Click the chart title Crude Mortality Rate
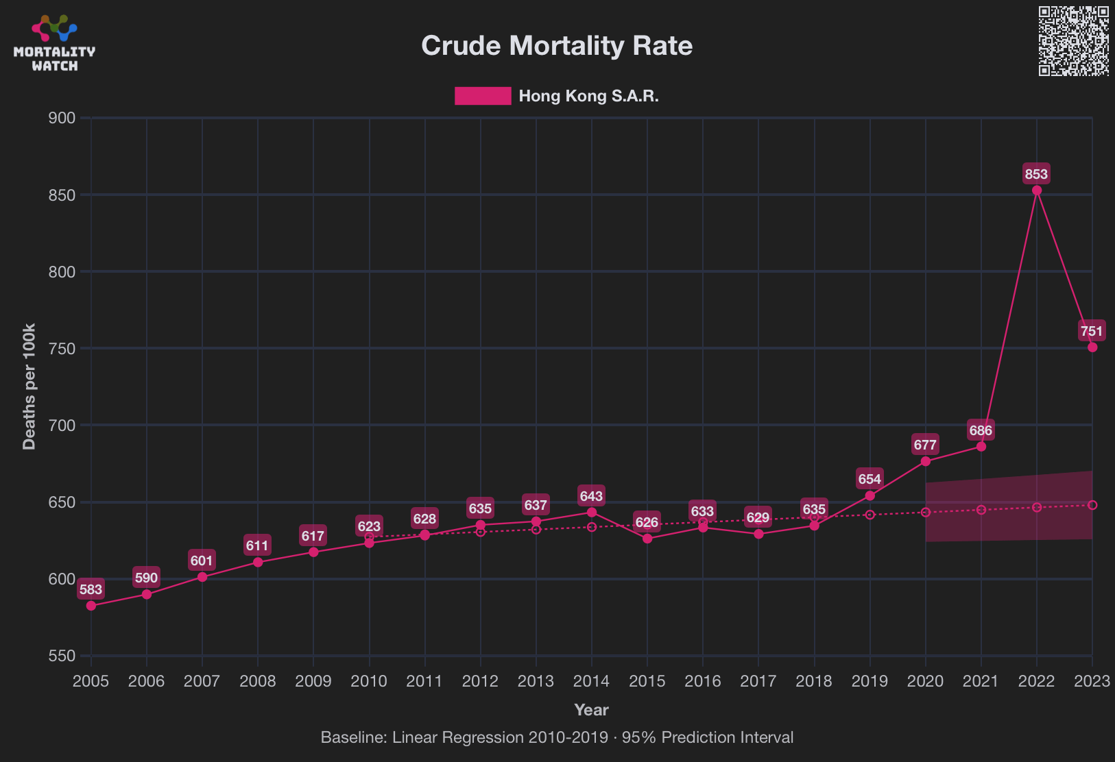coord(557,46)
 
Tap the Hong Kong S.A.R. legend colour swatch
coord(483,96)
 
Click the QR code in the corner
coord(1073,41)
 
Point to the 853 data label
coord(1036,174)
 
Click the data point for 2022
coord(1037,190)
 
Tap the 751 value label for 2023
coord(1091,332)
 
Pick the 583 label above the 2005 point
coord(91,589)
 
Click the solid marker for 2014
coord(592,513)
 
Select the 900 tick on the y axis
coord(62,118)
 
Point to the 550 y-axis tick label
coord(62,656)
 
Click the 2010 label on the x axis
coord(369,681)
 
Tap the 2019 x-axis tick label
coord(870,681)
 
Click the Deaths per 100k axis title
coord(29,386)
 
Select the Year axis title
coord(591,710)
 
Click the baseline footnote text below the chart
coord(557,737)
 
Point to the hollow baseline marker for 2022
coord(1037,507)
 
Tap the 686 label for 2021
coord(981,430)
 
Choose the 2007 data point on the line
coord(202,577)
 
